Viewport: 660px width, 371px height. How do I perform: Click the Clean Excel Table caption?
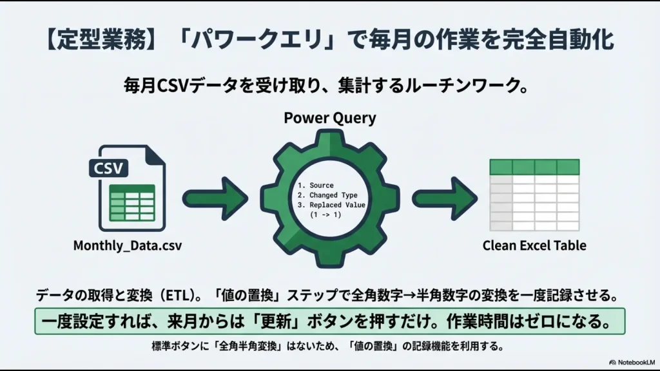[534, 245]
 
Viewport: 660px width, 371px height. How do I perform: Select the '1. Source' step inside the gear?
[315, 185]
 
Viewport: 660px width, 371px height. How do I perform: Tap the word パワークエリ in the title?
[242, 39]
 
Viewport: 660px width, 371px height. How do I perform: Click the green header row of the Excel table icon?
[534, 166]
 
